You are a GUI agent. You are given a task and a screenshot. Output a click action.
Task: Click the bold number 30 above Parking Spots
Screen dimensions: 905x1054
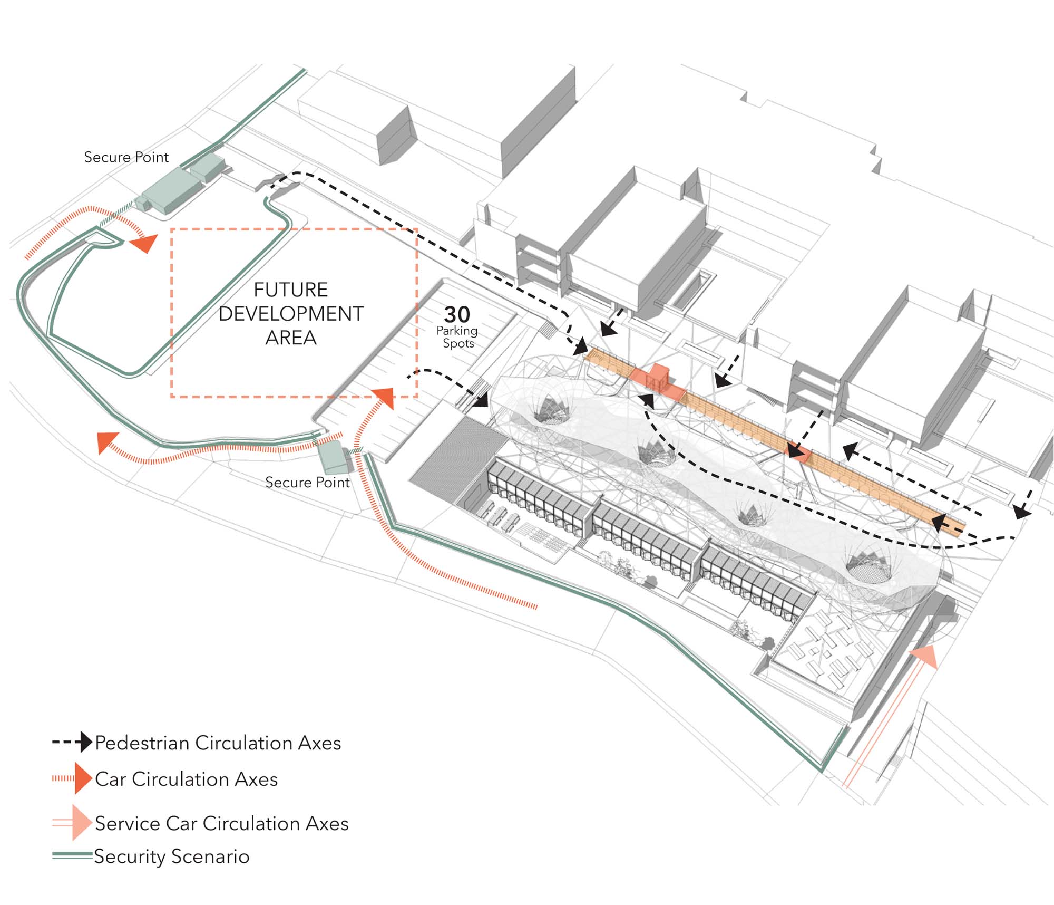[456, 315]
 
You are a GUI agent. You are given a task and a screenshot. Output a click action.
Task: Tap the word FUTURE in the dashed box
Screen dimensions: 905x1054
[290, 290]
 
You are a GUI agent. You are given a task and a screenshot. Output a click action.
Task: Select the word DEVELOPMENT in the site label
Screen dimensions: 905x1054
[290, 314]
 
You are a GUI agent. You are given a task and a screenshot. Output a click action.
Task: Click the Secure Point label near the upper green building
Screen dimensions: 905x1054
[126, 157]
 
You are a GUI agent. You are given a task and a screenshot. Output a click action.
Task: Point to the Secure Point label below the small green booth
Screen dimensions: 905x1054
[307, 482]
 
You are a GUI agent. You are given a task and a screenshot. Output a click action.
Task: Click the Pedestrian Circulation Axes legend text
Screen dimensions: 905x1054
[218, 743]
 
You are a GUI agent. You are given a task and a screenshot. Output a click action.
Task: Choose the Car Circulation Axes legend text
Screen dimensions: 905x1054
[186, 779]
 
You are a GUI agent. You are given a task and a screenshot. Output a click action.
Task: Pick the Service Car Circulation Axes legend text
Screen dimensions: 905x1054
[221, 823]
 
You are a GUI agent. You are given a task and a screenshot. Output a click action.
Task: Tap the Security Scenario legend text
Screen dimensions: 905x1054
[171, 856]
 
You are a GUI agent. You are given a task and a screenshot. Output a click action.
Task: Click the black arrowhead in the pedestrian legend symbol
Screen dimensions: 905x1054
[85, 742]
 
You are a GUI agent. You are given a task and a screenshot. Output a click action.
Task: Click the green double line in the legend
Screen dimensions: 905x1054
[72, 855]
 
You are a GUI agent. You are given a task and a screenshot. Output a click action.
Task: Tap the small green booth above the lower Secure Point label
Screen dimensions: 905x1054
[333, 457]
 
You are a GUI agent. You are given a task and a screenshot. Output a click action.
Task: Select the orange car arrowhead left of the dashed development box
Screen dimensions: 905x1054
[143, 243]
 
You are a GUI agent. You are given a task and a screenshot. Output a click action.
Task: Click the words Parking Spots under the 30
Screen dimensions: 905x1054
[457, 337]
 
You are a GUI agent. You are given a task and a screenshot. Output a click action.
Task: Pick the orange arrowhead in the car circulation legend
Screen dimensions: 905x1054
[83, 778]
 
